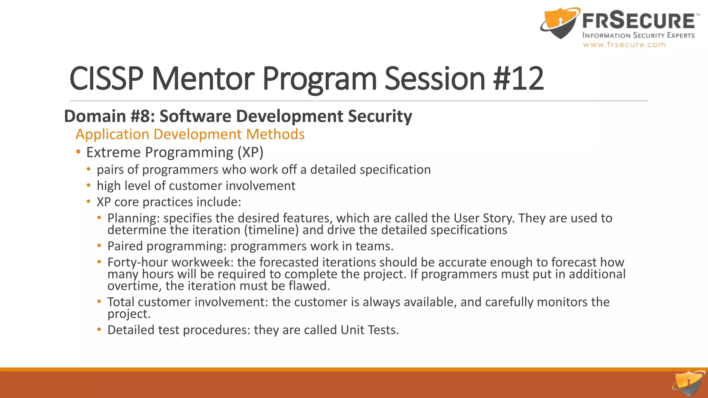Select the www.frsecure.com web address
tap(624, 45)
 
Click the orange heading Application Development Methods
tap(190, 134)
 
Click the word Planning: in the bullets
tap(133, 218)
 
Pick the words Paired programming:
tap(167, 246)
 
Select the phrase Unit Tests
tap(369, 330)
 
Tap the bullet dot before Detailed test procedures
tap(99, 330)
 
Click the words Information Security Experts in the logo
tap(638, 35)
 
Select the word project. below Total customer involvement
tap(129, 314)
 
